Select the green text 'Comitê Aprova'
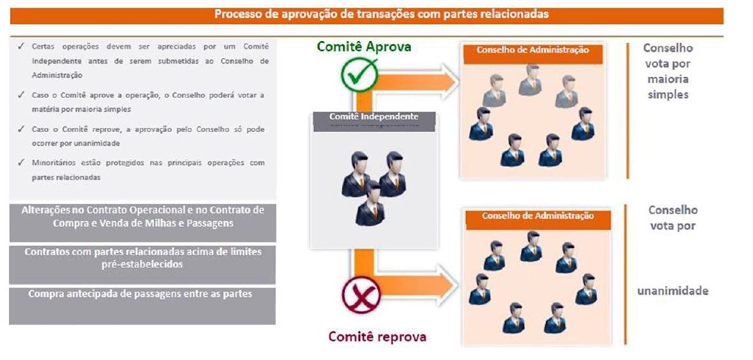[x=364, y=47]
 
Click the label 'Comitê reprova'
[x=377, y=336]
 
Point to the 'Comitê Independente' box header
[x=374, y=117]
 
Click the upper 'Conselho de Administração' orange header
[x=533, y=51]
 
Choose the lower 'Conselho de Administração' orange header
[x=538, y=216]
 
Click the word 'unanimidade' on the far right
[x=672, y=291]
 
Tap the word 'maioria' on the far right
[x=667, y=79]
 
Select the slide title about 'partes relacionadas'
[x=381, y=14]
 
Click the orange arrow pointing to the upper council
[x=423, y=80]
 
